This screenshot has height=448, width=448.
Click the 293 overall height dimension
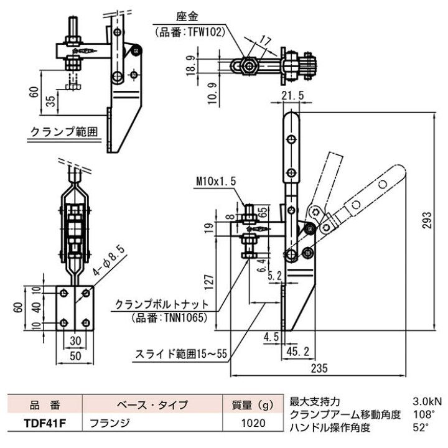tap(427, 220)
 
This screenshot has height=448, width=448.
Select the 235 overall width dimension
tap(319, 368)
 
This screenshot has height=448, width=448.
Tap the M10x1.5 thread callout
tap(216, 181)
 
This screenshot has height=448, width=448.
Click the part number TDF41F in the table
tap(45, 424)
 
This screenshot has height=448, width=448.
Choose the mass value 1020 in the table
tap(253, 423)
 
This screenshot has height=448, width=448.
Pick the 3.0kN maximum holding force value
tap(427, 401)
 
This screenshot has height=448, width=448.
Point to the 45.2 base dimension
tap(298, 352)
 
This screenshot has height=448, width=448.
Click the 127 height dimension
tap(209, 282)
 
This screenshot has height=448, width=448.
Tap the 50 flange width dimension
tap(75, 356)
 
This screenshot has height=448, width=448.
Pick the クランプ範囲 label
tap(64, 132)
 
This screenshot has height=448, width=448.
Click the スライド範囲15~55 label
tap(181, 354)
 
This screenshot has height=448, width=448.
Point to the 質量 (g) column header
tap(253, 404)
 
